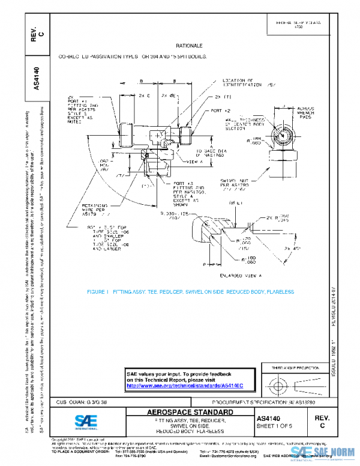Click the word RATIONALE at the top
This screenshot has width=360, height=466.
[188, 46]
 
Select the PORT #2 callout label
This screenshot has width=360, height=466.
[220, 112]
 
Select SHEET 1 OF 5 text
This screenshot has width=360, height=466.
[274, 426]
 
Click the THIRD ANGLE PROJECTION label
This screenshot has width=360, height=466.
[293, 367]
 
